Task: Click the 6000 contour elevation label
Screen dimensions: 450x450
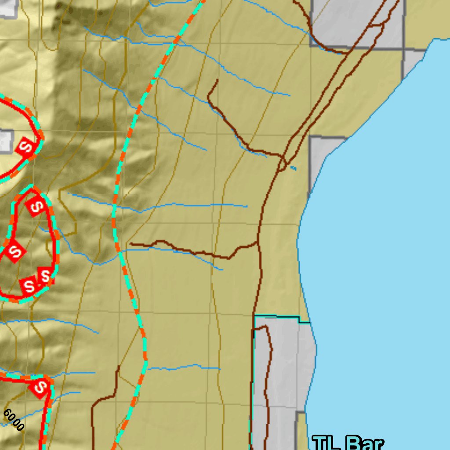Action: pos(13,420)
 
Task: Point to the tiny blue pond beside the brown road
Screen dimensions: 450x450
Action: pos(293,168)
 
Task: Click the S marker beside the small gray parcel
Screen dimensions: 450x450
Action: pos(26,146)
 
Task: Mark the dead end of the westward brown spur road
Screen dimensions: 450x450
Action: pos(131,244)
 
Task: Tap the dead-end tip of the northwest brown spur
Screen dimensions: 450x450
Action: pos(217,80)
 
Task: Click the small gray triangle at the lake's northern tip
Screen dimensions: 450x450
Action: pos(413,62)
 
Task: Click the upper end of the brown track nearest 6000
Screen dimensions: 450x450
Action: pos(117,367)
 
